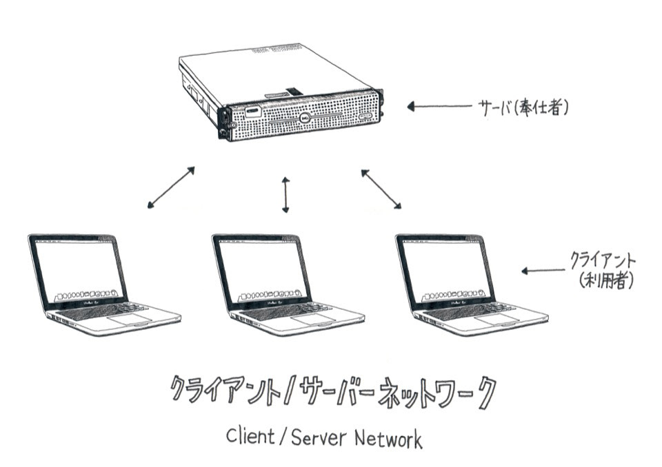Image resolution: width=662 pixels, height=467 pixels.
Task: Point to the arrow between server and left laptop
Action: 171,187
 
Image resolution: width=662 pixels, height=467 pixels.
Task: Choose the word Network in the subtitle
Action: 390,437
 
